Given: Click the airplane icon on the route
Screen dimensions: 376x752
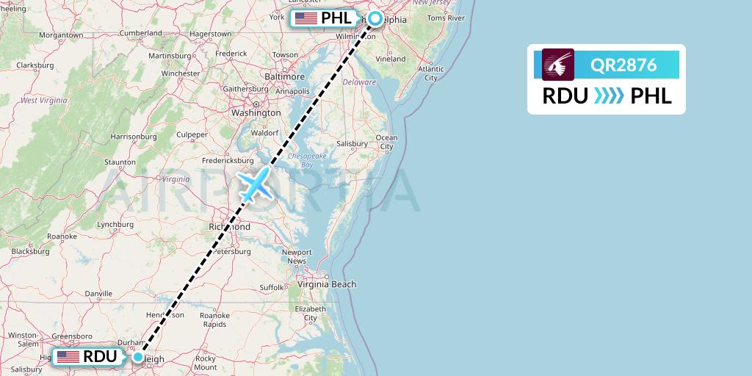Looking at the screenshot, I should point(255,184).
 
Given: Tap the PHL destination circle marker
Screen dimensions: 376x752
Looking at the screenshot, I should point(375,18).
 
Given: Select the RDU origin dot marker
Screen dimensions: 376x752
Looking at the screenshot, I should point(138,357).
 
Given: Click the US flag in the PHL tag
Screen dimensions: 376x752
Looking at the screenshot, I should point(306,18).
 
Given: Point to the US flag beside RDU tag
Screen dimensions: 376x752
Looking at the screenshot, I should point(68,357).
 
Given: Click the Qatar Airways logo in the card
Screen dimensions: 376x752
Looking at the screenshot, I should point(558,65).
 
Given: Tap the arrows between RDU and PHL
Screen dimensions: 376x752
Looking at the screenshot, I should point(609,96).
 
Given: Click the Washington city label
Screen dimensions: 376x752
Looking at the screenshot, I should point(256,113).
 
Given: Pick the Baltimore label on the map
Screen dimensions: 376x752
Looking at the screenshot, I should point(284,76).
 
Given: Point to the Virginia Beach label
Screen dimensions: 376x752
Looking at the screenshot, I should point(327,284).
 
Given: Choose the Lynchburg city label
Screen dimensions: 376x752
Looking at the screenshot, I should point(98,224).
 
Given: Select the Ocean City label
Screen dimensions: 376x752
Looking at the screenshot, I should point(386,142).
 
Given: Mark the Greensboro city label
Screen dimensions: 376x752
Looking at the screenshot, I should point(72,336).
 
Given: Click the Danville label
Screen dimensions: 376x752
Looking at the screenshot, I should point(98,293).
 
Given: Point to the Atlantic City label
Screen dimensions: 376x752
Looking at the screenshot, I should point(430,73).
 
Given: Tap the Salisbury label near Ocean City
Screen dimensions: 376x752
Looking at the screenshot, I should point(351,143).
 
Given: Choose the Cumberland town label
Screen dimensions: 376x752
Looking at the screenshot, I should point(141,33).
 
